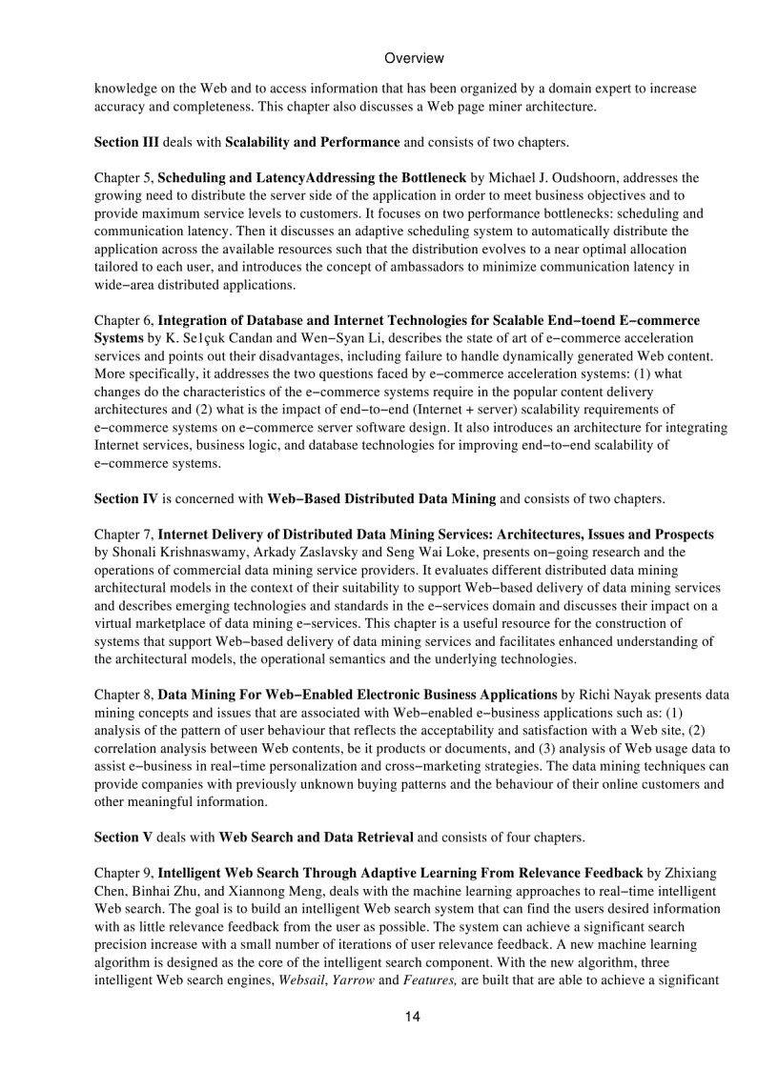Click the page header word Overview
(414, 58)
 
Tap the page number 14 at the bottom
(412, 1017)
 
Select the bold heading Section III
(127, 142)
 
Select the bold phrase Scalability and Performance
(312, 142)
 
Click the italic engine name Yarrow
(353, 980)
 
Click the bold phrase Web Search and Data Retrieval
(317, 838)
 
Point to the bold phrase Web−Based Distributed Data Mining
(381, 498)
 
